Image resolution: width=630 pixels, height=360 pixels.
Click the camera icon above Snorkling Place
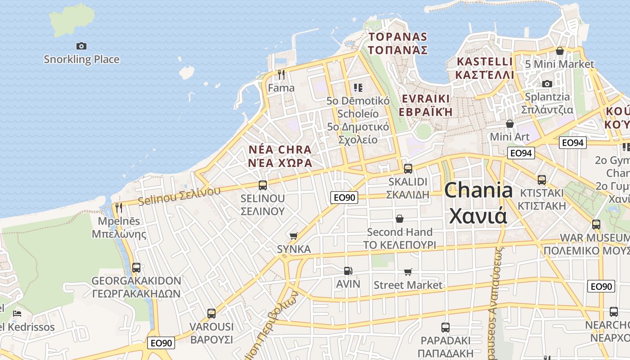coord(81,46)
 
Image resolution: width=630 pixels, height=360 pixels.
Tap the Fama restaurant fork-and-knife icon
coord(281,74)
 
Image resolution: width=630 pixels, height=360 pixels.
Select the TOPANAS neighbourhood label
coord(398,43)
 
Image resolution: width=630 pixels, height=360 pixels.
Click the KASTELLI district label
coord(484,68)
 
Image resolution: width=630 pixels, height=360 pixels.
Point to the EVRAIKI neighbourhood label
coord(426,105)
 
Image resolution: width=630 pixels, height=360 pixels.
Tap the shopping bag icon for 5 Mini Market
coord(560,51)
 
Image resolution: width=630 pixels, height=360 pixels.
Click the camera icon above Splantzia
coord(547,84)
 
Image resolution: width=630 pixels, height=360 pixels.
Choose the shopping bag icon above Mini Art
coord(510,123)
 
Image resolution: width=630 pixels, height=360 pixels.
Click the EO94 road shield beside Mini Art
coord(521,153)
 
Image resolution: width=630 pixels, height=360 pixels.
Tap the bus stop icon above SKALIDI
coord(408,169)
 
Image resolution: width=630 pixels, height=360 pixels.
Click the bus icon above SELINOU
coord(263,185)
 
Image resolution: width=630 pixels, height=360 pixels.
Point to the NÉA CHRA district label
coord(280,156)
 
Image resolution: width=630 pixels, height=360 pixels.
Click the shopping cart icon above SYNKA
coord(294,236)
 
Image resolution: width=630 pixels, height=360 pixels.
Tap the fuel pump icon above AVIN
coord(348,270)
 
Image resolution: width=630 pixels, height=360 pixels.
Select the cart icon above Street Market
coord(408,272)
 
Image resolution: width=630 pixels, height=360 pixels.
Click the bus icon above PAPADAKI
coord(445,327)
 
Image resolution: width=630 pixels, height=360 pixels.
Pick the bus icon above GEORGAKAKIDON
coord(136,267)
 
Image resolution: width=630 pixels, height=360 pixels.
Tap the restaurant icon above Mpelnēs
coord(119,207)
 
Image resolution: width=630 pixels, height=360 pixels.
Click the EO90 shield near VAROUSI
coord(161,343)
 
